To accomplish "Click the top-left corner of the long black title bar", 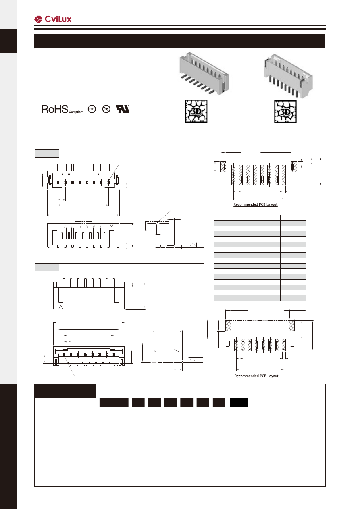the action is (34, 35).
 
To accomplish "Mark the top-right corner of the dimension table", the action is (306, 210).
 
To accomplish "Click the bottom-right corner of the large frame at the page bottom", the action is (325, 486).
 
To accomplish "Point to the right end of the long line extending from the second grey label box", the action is (204, 263).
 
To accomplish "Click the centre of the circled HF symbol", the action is (92, 109).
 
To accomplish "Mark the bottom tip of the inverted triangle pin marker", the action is (112, 226).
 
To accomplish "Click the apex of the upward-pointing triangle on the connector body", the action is (61, 306).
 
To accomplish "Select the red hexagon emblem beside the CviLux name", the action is (38, 19).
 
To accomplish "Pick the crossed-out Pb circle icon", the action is (106, 109).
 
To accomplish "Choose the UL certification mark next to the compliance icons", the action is (123, 109).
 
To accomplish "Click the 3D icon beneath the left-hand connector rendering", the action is (196, 111).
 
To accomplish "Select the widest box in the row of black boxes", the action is (114, 402).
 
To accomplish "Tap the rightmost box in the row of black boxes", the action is (239, 402).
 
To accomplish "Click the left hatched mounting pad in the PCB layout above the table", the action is (223, 167).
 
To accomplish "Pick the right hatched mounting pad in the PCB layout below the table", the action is (291, 325).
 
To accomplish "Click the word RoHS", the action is (55, 109).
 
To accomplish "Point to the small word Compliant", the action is (76, 112).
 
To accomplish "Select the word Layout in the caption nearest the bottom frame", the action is (273, 376).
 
